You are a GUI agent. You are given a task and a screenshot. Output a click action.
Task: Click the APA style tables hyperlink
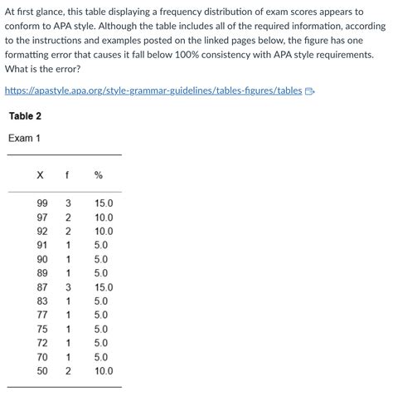pos(153,90)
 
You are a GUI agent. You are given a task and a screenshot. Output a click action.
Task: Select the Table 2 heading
pos(25,115)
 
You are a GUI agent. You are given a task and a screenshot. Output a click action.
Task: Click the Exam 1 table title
pos(24,138)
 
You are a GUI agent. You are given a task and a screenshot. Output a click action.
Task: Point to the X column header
pos(40,175)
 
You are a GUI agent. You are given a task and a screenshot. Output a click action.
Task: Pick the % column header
pos(98,175)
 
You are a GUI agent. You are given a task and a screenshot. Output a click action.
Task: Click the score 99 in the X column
pos(41,203)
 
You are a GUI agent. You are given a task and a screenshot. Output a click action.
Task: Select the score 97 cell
pos(41,218)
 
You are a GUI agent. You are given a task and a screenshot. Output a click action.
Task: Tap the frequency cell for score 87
pos(69,287)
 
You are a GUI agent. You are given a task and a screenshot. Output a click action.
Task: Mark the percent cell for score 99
pos(103,203)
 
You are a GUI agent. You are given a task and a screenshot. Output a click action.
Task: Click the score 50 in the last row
pos(41,371)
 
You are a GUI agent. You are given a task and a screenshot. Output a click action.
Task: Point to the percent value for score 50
pos(103,371)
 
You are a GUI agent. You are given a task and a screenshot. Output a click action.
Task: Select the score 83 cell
pos(41,301)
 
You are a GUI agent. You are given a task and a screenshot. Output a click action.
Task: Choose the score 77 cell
pos(41,316)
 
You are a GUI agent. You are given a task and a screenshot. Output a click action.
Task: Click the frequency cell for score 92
pos(69,232)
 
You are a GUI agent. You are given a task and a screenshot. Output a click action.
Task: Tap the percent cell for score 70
pos(100,357)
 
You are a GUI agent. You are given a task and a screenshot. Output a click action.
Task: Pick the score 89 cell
pos(41,273)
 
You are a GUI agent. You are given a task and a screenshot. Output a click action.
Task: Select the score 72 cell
pos(41,343)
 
